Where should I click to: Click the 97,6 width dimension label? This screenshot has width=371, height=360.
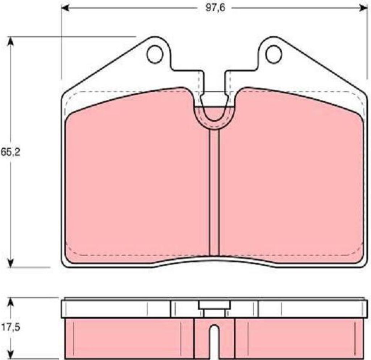(215, 8)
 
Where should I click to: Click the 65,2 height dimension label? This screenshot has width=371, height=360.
(11, 152)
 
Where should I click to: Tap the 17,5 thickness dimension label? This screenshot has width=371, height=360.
(11, 327)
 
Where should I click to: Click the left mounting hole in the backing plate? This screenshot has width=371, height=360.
(155, 55)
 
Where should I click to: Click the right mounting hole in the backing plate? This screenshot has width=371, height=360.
(274, 55)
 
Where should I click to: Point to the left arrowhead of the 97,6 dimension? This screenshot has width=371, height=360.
(65, 8)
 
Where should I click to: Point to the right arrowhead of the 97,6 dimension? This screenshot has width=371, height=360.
(363, 8)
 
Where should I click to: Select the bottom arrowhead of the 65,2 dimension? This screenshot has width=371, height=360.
(10, 263)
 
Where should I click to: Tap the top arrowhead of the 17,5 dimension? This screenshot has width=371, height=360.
(10, 302)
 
